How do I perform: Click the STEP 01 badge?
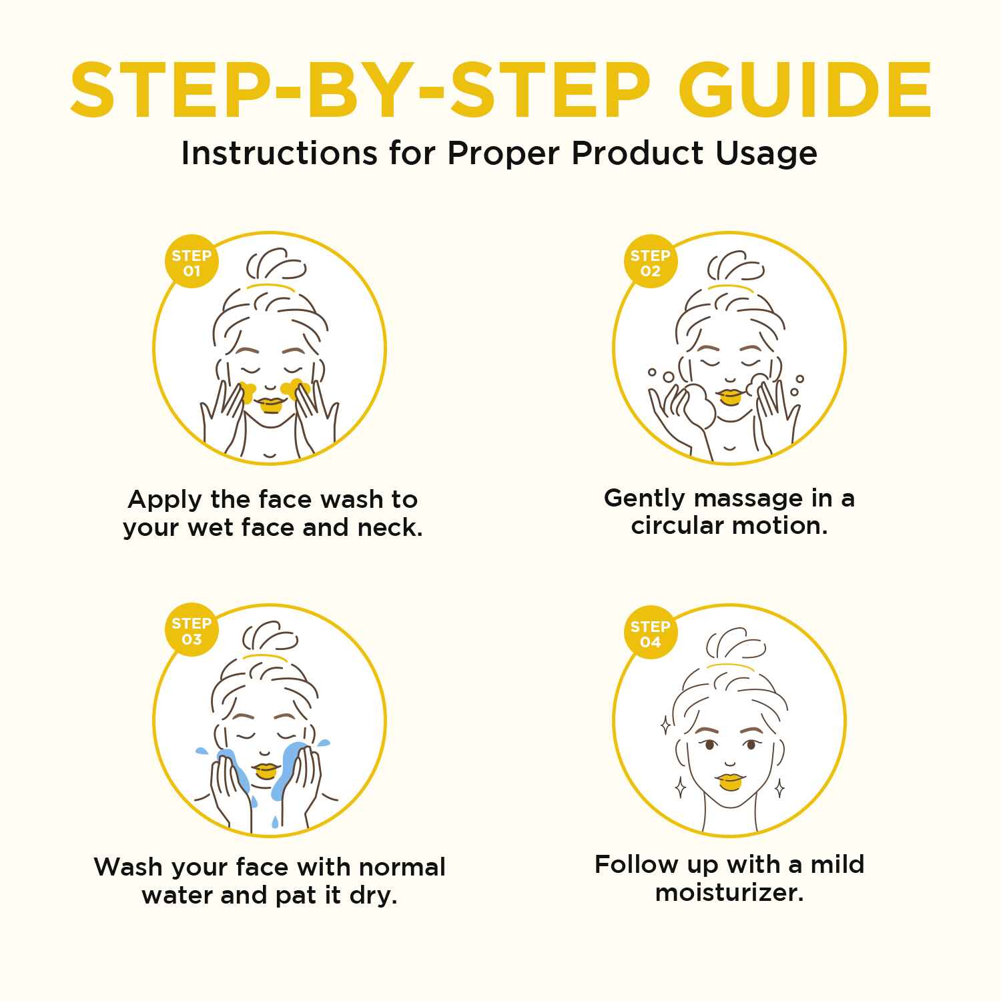click(192, 263)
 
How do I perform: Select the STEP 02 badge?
click(651, 263)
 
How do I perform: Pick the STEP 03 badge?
click(192, 631)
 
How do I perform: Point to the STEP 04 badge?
click(651, 634)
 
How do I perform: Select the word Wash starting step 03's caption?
click(128, 868)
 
